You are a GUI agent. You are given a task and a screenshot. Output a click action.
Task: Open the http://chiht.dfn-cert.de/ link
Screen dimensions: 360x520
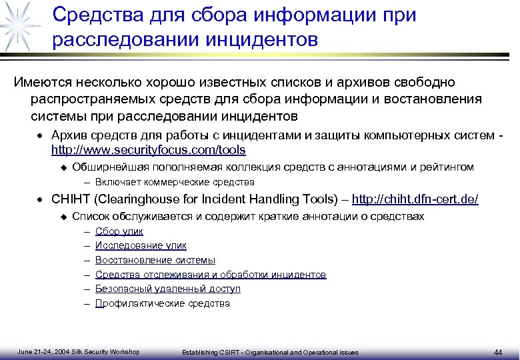415,199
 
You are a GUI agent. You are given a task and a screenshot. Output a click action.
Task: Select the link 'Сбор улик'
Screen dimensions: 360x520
119,231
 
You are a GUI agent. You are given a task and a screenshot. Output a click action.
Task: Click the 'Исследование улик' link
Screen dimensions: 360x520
141,245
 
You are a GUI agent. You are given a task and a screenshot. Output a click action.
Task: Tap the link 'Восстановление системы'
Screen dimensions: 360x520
155,260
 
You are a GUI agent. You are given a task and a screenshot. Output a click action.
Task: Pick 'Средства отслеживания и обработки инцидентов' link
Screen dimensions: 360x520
211,275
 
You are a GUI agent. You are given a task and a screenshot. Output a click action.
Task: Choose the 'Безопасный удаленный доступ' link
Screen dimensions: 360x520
167,289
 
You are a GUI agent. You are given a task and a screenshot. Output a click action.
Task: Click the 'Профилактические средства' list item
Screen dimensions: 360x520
162,303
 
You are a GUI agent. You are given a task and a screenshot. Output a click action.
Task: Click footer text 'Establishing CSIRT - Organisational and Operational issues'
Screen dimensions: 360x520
270,352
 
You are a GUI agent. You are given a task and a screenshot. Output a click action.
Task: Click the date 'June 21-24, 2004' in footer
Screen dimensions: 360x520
41,351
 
